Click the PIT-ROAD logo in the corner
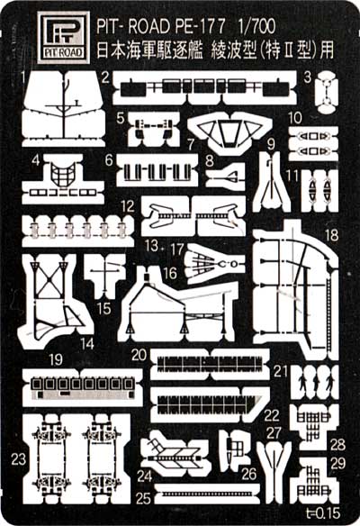[x=63, y=38]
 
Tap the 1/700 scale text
[x=256, y=26]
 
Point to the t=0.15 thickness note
[x=323, y=512]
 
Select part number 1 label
[x=23, y=79]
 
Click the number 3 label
[x=308, y=77]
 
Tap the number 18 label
[x=331, y=235]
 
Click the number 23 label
[x=18, y=459]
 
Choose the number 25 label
[x=143, y=498]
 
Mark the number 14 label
[x=87, y=343]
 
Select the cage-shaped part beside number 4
[x=63, y=175]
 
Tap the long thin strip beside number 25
[x=207, y=494]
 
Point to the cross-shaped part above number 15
[x=105, y=272]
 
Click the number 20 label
[x=139, y=355]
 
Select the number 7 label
[x=191, y=145]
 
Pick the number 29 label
[x=337, y=463]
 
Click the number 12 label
[x=128, y=206]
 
